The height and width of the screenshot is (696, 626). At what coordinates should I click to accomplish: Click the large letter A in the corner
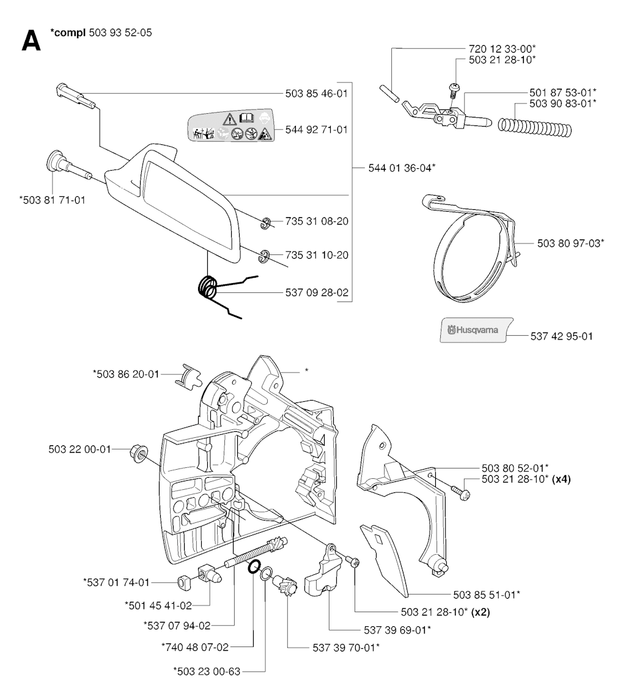click(x=31, y=40)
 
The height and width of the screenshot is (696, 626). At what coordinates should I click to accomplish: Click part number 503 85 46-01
click(x=317, y=94)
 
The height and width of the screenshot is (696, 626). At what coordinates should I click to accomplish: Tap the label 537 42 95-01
click(x=561, y=336)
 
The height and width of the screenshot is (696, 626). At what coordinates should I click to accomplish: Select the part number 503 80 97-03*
click(x=571, y=243)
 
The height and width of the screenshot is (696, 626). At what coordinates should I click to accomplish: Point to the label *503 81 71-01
click(x=52, y=199)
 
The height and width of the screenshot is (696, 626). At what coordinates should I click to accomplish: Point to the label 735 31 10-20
click(x=317, y=254)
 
